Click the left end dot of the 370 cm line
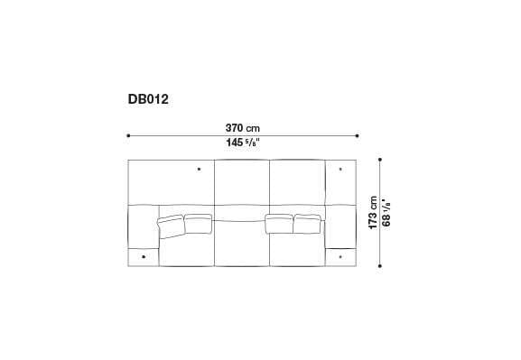pos(129,135)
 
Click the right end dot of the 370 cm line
pos(358,135)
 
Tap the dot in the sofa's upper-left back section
pos(198,168)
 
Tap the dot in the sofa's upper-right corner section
pos(340,168)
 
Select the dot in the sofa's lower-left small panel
pos(144,256)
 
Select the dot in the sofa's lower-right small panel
pos(340,256)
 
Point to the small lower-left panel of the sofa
pos(144,257)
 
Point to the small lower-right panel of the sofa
pos(341,257)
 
